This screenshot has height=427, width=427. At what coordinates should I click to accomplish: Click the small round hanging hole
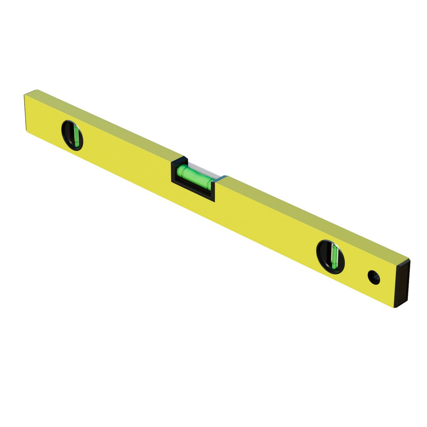coord(374,277)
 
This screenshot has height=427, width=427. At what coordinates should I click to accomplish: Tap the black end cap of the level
coord(402,282)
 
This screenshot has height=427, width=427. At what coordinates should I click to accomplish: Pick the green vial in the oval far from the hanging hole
coord(76,135)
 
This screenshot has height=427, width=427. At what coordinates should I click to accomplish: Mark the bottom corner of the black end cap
coord(396,307)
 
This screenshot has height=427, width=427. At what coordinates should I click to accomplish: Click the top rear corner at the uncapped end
coord(37,90)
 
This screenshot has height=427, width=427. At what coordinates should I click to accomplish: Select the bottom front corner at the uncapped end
coord(27,131)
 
